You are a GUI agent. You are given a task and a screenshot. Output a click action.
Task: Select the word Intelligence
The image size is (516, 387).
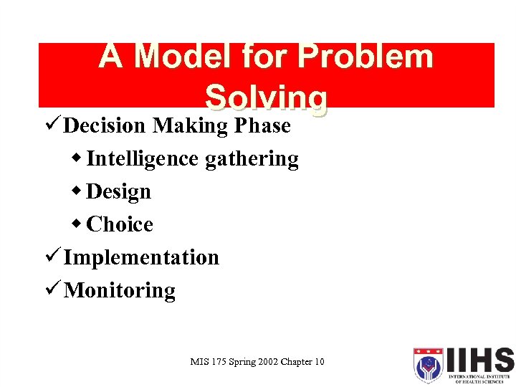pos(143,158)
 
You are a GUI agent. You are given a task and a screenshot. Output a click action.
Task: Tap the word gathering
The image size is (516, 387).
pos(252,159)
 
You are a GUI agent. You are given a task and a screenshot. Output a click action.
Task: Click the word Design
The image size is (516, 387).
pos(119,192)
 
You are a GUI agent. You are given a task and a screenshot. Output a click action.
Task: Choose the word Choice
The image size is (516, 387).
pos(120,224)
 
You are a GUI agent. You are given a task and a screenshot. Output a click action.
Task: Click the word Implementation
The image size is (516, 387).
pos(141,257)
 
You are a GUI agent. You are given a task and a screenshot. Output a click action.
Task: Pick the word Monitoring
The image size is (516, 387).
pos(120,291)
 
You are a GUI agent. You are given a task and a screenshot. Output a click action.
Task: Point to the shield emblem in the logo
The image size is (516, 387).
pos(428,365)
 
